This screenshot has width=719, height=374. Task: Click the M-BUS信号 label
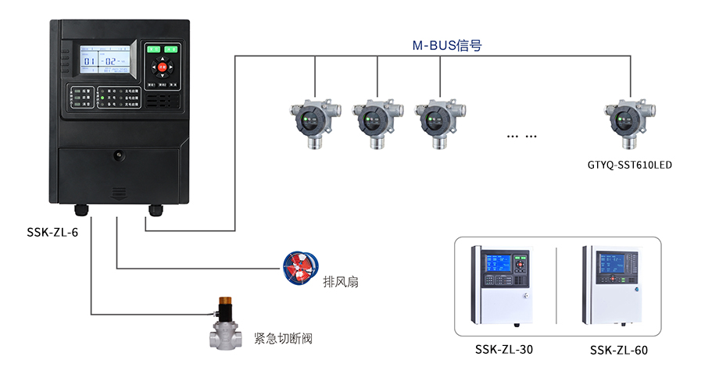[447, 45]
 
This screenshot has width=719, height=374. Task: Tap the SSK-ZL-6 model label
[52, 233]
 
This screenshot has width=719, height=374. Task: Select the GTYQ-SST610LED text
[630, 165]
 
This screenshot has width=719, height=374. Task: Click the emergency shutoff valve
[225, 322]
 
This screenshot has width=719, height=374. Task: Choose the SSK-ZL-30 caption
[503, 350]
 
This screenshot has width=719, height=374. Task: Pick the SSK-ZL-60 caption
[619, 351]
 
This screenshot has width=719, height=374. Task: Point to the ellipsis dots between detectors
[521, 137]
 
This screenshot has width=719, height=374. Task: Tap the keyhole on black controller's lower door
[119, 155]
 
